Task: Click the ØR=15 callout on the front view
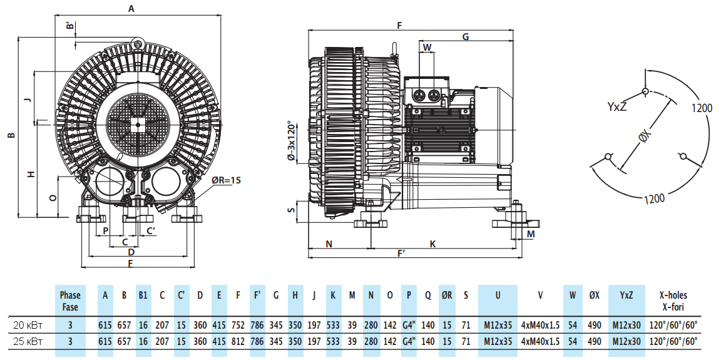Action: (226, 180)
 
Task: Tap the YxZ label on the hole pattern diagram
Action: (616, 106)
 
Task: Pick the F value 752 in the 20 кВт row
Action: (238, 325)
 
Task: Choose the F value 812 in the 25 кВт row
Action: (238, 342)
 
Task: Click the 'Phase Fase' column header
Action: (70, 301)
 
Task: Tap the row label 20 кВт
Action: (28, 325)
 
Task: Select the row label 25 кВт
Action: (28, 342)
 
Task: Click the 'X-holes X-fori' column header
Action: (677, 301)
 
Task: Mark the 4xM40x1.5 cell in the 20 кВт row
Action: (540, 325)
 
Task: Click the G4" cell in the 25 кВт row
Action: (409, 342)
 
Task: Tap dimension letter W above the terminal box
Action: (427, 48)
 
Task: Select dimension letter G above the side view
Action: (465, 37)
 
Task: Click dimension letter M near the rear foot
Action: (531, 234)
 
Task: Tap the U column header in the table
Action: (498, 296)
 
